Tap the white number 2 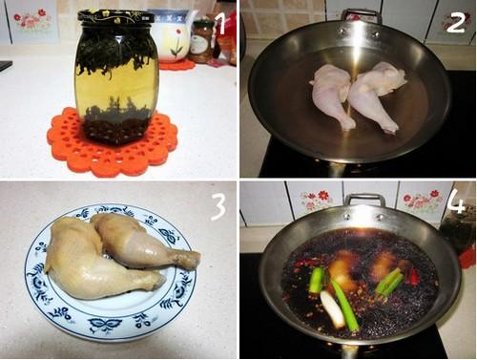click(x=456, y=22)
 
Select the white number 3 click(x=218, y=207)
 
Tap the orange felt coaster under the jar click(x=113, y=141)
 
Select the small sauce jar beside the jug click(x=201, y=41)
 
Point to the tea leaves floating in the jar click(x=116, y=55)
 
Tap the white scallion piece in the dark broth click(x=332, y=309)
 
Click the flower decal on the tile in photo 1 click(x=32, y=20)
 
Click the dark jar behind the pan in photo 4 click(x=457, y=233)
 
